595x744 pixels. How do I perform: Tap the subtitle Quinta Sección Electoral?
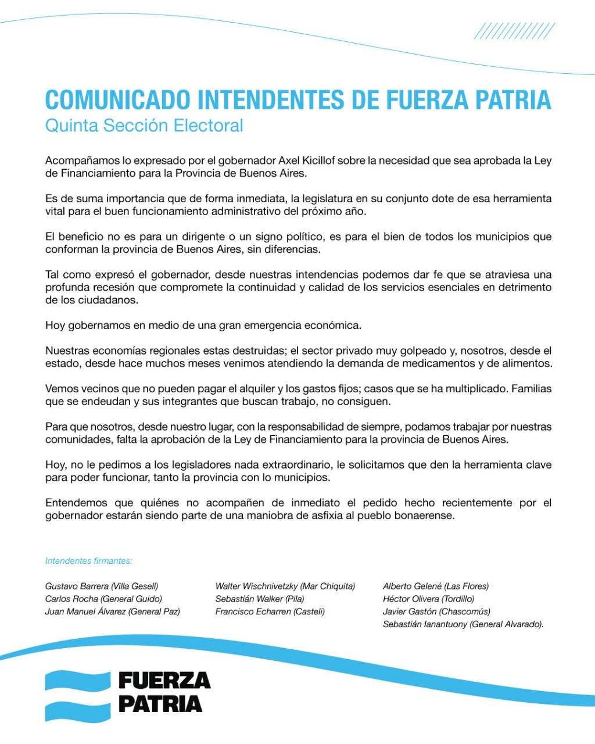coord(144,126)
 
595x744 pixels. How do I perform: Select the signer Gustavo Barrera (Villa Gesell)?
coord(102,586)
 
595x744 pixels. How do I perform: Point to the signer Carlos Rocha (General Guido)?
coord(103,599)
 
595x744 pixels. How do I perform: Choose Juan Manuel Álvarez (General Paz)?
coord(113,611)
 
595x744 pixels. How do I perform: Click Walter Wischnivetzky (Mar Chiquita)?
coord(285,586)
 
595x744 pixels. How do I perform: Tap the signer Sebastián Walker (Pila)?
coord(260,599)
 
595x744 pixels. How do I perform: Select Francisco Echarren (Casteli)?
coord(270,611)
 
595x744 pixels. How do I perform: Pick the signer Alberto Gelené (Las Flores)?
coord(436,586)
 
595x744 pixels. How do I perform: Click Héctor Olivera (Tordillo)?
coord(428,599)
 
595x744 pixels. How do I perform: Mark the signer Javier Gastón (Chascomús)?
coord(436,611)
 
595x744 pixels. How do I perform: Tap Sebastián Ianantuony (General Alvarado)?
coord(463,624)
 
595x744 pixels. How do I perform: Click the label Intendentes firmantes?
coord(89,561)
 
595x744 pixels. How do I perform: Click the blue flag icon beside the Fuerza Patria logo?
coord(78,696)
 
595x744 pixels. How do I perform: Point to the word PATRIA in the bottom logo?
coord(160,704)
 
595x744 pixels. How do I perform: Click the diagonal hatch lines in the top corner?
coord(514,31)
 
